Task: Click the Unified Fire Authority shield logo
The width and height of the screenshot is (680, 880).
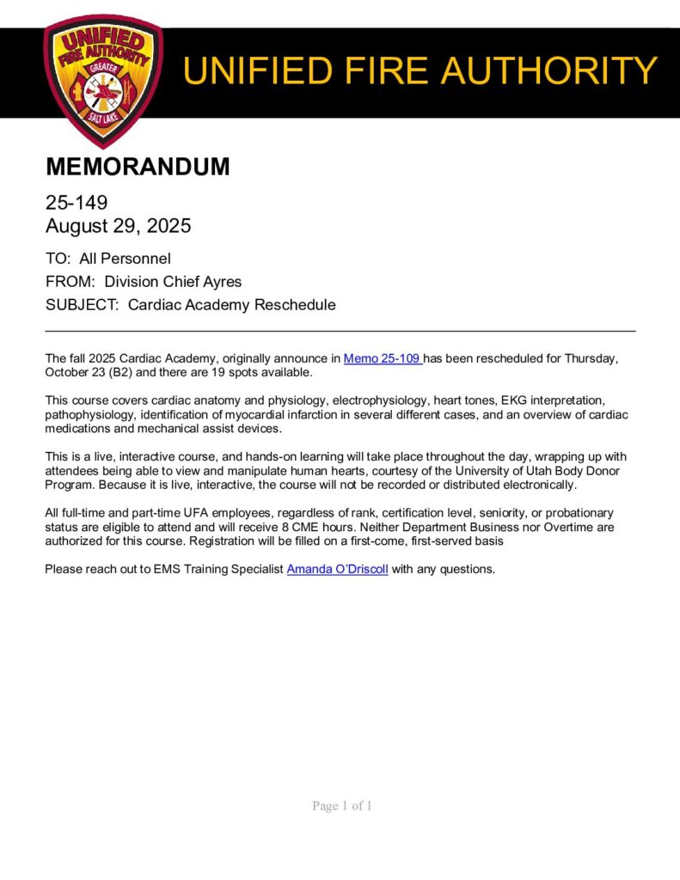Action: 102,79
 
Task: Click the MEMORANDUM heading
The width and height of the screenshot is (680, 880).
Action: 138,167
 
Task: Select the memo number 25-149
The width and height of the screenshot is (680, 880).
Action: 76,203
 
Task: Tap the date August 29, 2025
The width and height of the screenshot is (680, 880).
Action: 118,226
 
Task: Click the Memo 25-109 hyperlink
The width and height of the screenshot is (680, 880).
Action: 382,358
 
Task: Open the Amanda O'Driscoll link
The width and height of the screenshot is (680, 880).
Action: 337,569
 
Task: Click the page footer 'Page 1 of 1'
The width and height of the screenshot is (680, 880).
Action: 341,806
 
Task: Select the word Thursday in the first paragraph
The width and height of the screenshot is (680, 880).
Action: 589,358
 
